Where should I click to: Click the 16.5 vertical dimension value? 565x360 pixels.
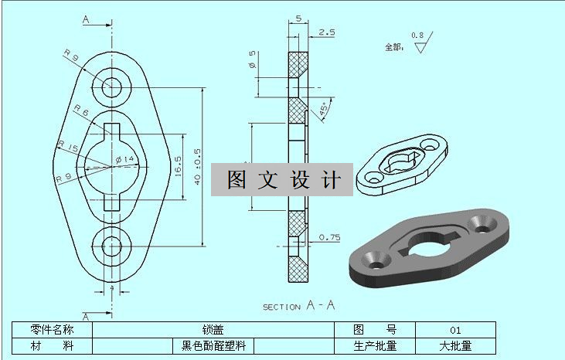tap(179, 165)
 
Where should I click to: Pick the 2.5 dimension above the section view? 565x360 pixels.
tap(326, 32)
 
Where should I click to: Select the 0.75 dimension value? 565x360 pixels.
tap(329, 237)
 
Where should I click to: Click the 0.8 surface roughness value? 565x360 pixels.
tap(417, 36)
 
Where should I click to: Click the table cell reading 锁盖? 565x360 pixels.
tap(213, 330)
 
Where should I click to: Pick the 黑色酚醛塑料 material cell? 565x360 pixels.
tap(213, 346)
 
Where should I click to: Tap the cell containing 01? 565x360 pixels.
tap(455, 330)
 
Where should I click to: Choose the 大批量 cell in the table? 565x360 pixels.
tap(455, 346)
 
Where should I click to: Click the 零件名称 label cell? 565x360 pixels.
tap(52, 330)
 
